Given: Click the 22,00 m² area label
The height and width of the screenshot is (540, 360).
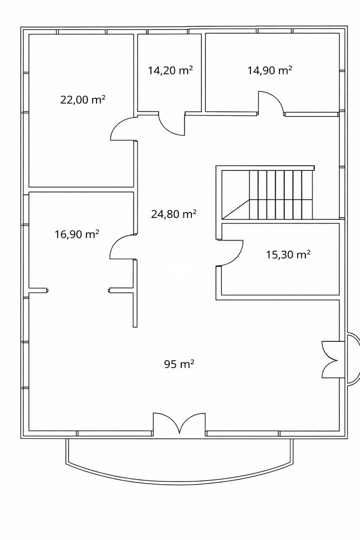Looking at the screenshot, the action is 83,100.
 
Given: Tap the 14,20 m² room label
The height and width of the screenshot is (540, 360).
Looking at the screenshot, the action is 170,70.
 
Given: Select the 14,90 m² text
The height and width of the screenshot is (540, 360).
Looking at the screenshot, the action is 270,70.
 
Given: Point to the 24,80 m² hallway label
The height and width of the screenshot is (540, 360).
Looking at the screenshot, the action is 174,214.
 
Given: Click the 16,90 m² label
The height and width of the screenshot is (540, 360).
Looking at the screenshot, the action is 77,234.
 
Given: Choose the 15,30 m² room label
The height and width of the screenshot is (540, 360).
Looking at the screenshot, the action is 288,255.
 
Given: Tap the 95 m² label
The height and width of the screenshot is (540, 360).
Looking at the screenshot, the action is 179,364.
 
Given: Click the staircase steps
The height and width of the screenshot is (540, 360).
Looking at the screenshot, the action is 280,195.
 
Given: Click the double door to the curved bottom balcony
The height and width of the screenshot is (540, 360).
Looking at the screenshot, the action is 179,423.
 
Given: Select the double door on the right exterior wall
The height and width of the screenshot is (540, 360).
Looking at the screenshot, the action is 330,359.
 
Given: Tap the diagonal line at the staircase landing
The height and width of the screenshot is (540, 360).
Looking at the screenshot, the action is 236,209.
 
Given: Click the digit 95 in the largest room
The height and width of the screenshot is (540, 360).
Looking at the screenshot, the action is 170,364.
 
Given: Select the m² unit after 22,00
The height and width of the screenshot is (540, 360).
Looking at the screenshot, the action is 99,100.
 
